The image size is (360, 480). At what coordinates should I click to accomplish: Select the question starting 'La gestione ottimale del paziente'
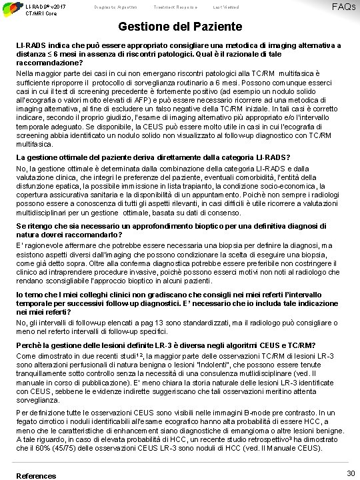point(149,157)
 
